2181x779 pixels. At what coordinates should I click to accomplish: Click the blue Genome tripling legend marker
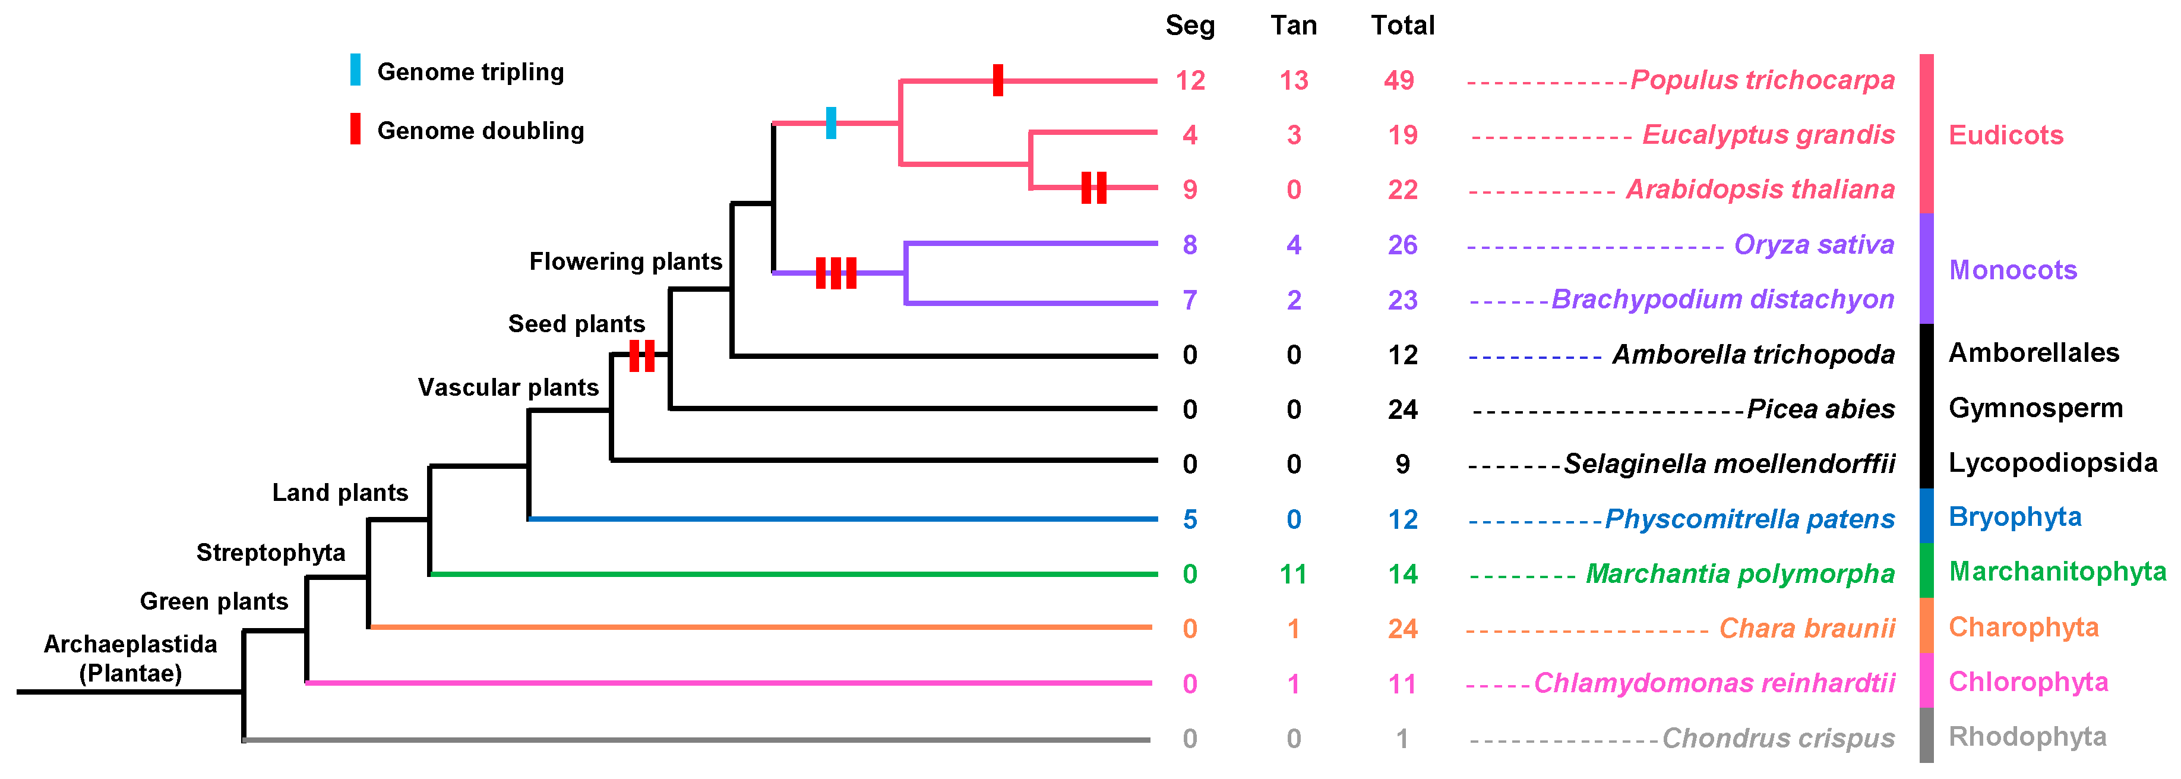point(356,70)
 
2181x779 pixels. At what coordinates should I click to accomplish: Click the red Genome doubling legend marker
point(356,129)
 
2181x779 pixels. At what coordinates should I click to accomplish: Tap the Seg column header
point(1190,26)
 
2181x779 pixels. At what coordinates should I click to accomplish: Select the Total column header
point(1402,26)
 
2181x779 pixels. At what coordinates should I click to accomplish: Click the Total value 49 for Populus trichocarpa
point(1399,80)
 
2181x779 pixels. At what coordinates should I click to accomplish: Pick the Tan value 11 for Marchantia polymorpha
point(1293,574)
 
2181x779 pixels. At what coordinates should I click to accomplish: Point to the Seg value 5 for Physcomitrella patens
point(1190,519)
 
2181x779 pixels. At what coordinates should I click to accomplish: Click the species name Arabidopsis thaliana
point(1760,189)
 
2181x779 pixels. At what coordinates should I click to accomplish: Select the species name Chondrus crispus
point(1778,739)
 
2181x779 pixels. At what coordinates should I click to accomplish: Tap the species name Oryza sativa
point(1813,245)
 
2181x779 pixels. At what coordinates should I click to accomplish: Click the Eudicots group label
point(2006,135)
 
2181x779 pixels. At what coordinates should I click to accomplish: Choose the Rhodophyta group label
point(2027,737)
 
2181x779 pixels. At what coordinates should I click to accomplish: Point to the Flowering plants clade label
point(625,261)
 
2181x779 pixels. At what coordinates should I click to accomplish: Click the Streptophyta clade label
point(271,553)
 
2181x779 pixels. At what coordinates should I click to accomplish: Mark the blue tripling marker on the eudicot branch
point(830,123)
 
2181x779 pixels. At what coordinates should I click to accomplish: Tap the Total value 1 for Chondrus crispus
point(1402,739)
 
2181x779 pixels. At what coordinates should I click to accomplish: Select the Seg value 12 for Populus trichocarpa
point(1190,80)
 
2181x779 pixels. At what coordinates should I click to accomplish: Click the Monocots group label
point(2012,270)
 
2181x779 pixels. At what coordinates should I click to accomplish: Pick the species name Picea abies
point(1820,409)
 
